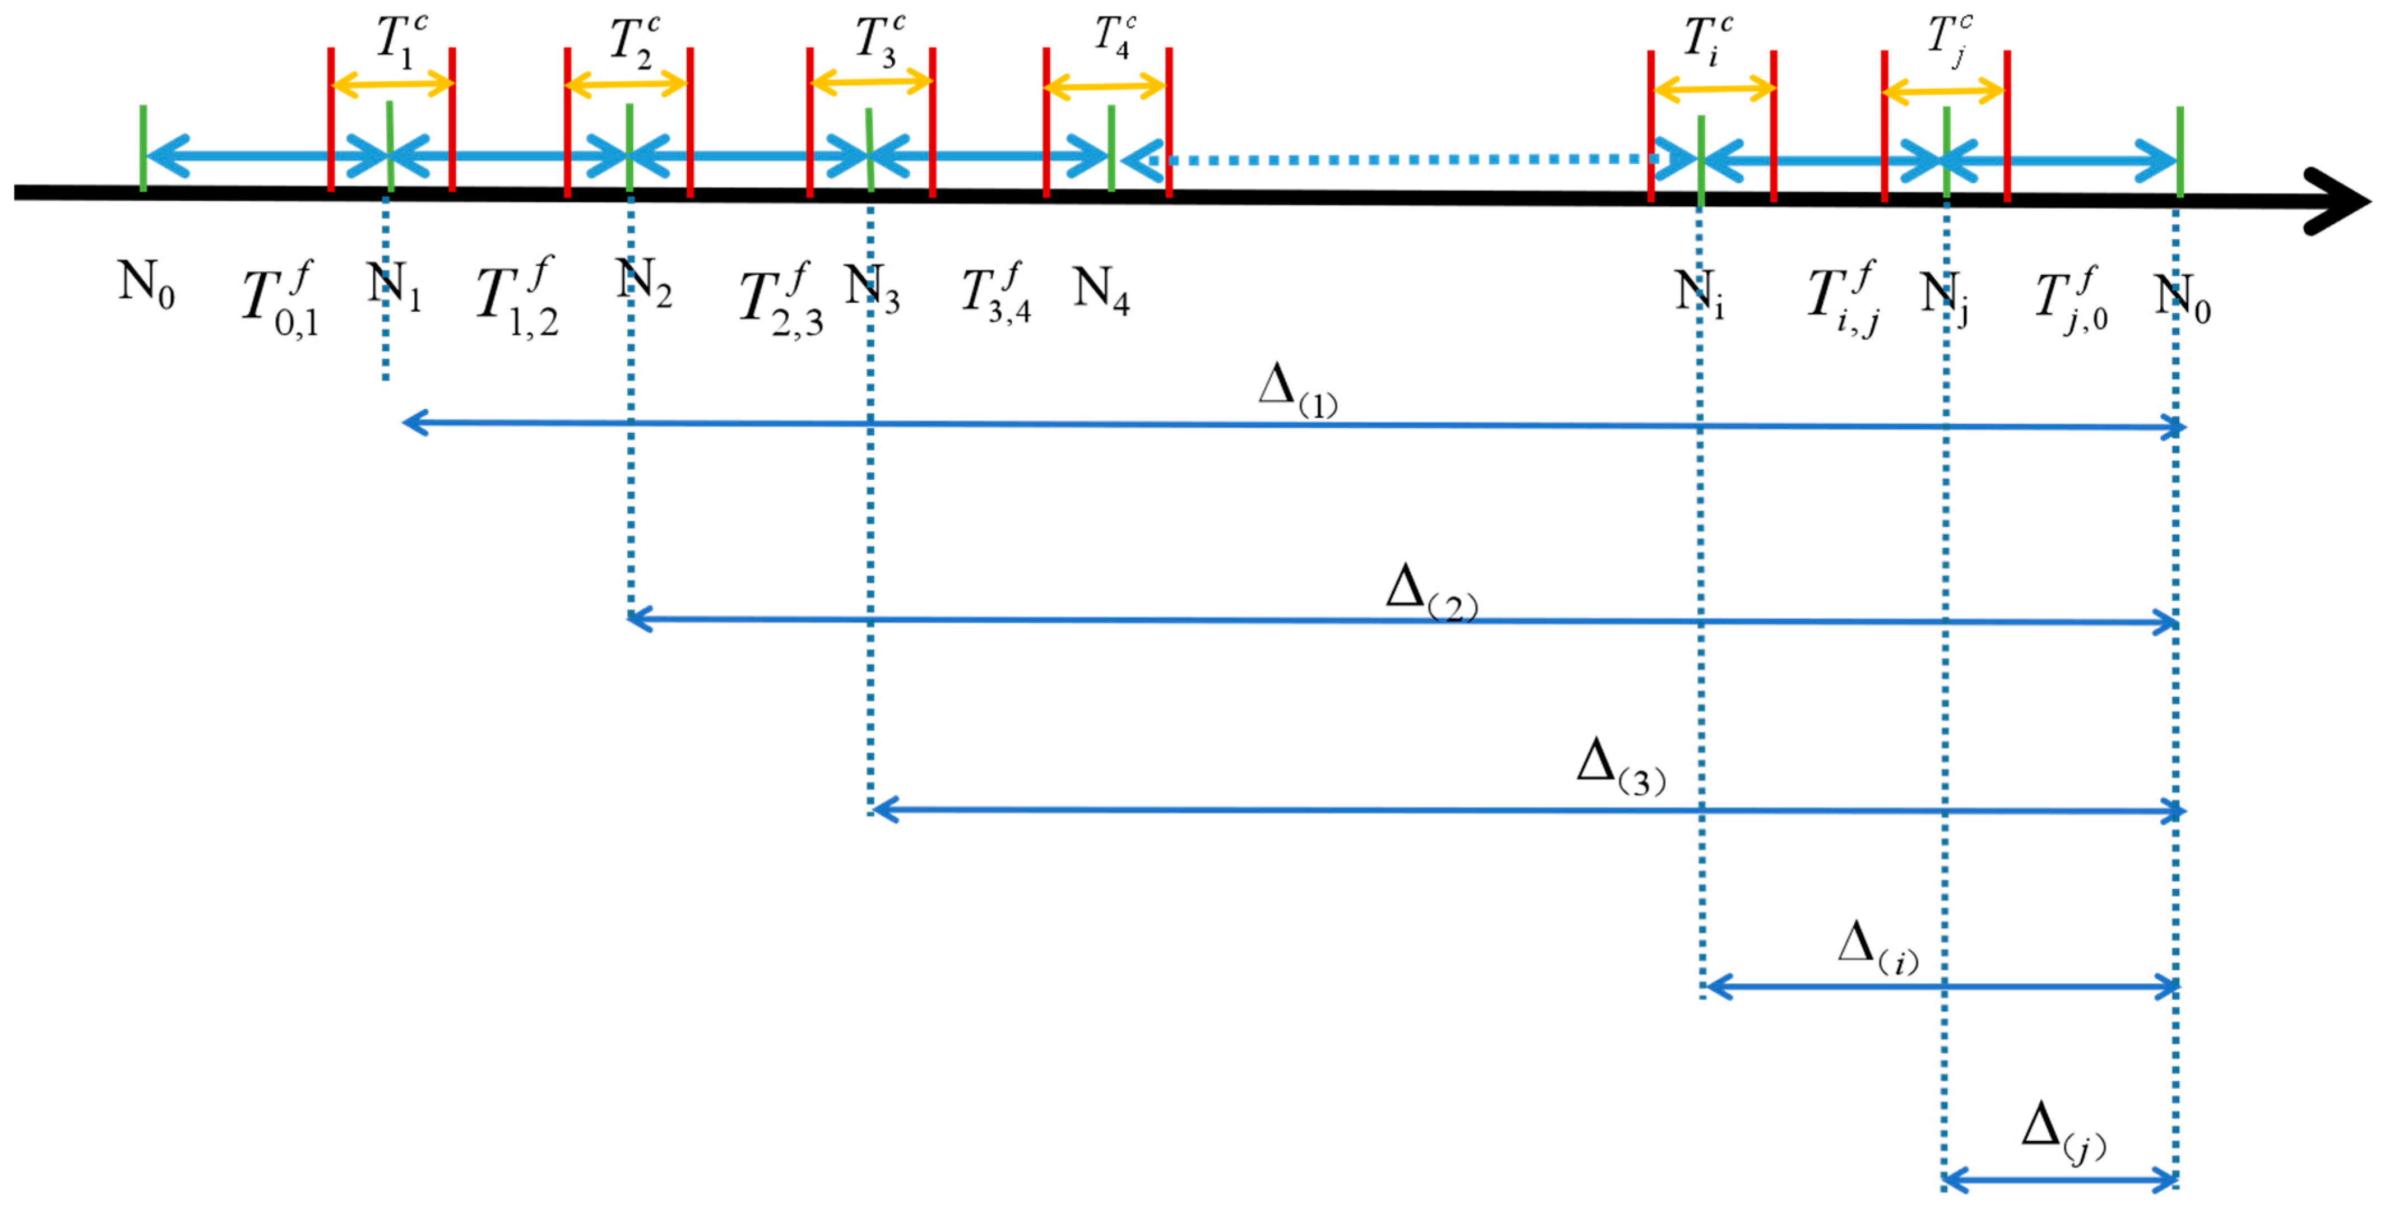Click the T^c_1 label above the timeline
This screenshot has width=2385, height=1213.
click(x=400, y=41)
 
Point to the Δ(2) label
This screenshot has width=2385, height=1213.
click(x=1430, y=592)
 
